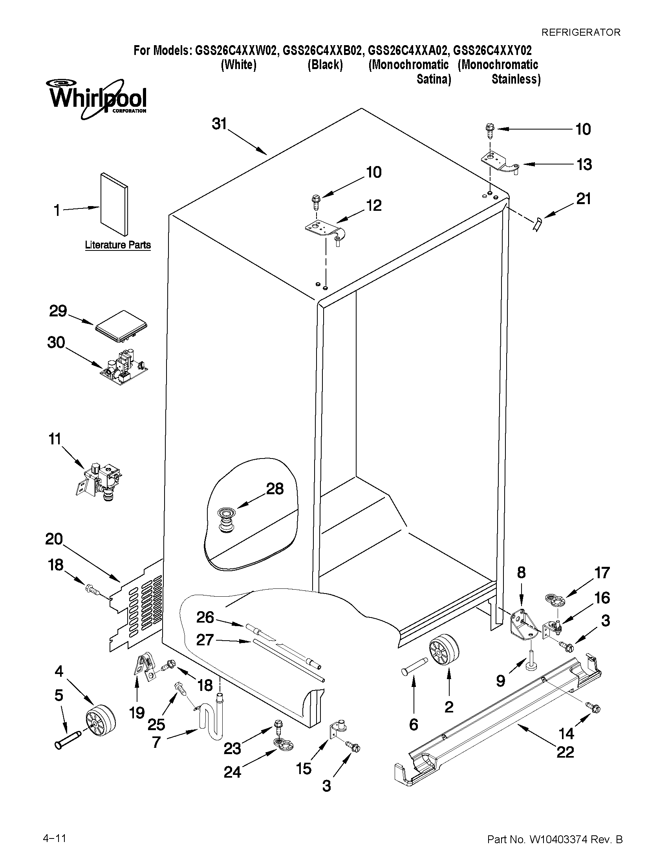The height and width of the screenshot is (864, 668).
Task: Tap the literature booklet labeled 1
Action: click(114, 204)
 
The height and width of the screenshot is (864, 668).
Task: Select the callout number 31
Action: click(219, 124)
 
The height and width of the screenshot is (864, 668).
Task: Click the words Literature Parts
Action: click(118, 245)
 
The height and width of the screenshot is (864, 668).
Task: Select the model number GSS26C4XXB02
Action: click(322, 51)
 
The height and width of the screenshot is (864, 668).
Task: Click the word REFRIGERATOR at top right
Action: click(581, 33)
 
